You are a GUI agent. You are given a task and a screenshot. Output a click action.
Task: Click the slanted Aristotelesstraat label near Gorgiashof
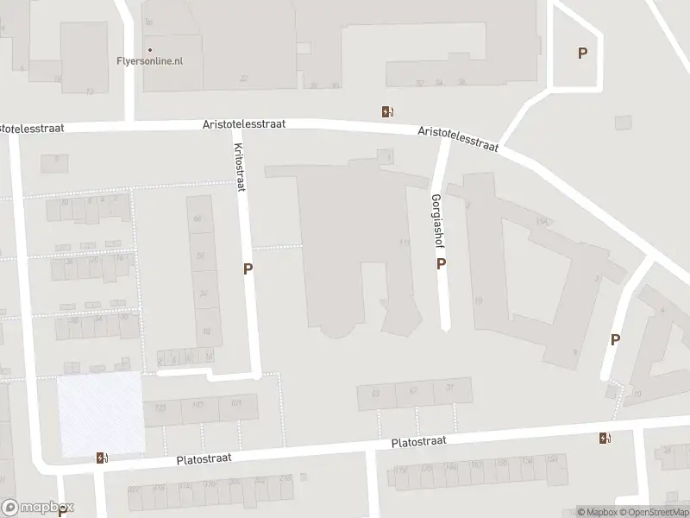(x=458, y=138)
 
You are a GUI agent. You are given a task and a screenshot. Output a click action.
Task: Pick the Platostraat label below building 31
(x=418, y=441)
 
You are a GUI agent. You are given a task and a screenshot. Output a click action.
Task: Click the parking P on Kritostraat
(x=248, y=268)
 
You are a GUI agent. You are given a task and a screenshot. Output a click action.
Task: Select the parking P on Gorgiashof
(x=441, y=264)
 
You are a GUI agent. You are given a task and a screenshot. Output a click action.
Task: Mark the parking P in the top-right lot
(x=582, y=54)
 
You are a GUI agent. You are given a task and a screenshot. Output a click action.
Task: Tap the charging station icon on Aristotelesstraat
(x=387, y=111)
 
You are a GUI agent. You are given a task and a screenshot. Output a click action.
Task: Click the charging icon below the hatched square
(x=102, y=458)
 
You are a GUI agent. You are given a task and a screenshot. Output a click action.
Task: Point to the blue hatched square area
(x=100, y=413)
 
